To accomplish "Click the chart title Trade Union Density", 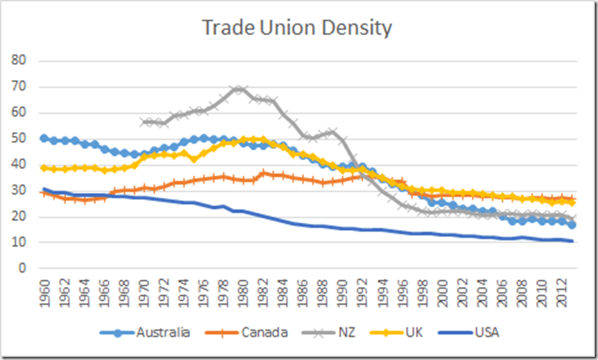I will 297,29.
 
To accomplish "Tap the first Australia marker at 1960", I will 44,139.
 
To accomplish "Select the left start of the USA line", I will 44,190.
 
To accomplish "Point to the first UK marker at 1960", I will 44,168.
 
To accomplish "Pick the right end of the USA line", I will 572,241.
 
